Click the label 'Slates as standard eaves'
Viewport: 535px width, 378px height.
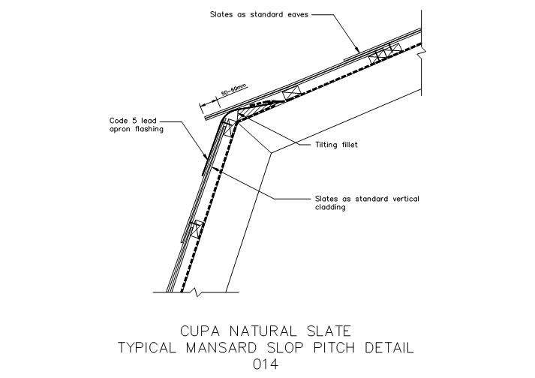click(259, 14)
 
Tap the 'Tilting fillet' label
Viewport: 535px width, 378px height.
click(336, 145)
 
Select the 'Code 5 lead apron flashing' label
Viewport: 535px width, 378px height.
click(136, 124)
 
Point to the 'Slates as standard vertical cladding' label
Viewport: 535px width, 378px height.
click(367, 203)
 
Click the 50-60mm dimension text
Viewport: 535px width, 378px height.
click(233, 91)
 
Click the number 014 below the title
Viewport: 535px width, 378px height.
click(266, 364)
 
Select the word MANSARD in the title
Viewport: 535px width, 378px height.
click(221, 348)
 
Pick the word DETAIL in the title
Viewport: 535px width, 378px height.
click(389, 348)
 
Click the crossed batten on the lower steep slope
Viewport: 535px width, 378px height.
click(197, 229)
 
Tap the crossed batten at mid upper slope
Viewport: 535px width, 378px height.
click(292, 93)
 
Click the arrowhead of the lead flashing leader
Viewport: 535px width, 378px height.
click(206, 157)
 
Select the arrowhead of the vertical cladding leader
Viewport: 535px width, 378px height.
click(214, 168)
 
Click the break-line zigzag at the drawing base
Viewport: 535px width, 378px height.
click(196, 292)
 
